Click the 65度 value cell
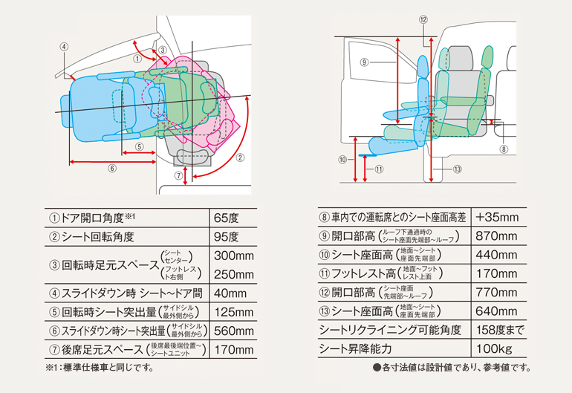coord(226,218)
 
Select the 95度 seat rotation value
coord(226,237)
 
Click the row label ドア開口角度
coord(97,218)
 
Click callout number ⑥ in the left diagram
coord(112,169)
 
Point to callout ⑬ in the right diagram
coord(457,169)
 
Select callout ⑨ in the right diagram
coord(365,63)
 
